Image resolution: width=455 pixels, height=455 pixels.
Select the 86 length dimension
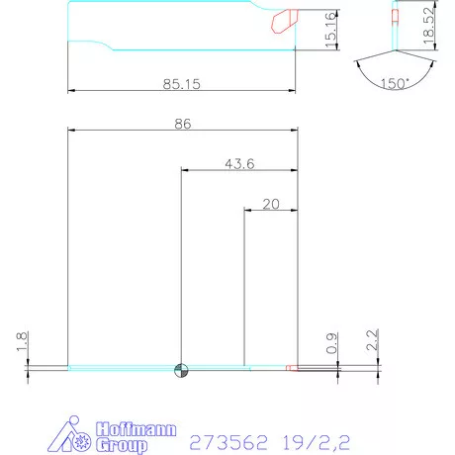181,123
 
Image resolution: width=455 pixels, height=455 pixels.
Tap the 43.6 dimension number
238,164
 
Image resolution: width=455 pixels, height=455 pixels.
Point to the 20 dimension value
270,204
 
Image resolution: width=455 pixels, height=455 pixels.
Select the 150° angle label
394,85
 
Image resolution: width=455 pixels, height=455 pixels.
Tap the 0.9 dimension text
331,344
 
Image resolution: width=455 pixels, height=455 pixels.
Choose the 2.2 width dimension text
372,342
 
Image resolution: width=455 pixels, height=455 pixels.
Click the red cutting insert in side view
284,19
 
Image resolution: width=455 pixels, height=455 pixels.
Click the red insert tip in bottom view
291,368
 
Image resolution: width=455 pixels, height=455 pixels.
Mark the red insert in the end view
395,17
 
